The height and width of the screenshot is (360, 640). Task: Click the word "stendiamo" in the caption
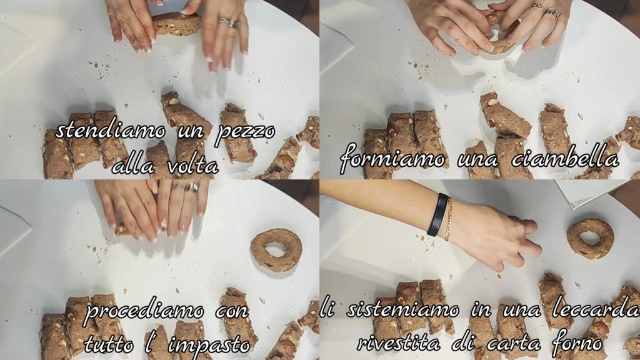coord(111,131)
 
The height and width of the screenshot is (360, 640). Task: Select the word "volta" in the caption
coord(192,166)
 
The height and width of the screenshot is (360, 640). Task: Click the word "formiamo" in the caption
coord(392,158)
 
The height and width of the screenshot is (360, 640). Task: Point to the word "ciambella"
coord(565,159)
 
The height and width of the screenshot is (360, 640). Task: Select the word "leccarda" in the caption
coord(596,310)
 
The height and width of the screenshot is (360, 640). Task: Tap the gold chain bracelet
coord(449,219)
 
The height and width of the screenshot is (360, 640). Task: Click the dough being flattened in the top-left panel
coord(177,24)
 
